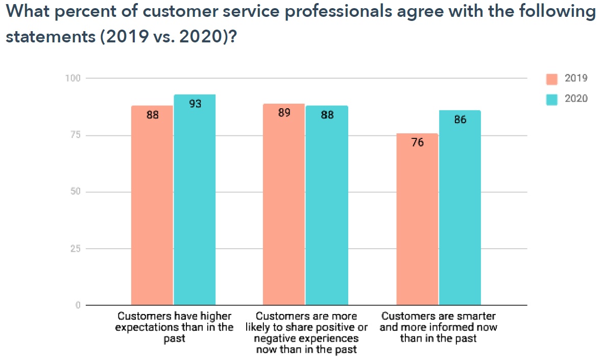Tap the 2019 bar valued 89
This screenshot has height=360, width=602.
284,204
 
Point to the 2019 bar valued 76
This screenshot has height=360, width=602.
417,219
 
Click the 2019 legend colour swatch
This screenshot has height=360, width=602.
551,79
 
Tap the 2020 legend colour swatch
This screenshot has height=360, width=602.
551,99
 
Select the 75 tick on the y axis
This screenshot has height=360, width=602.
76,135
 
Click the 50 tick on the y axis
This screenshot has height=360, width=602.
76,192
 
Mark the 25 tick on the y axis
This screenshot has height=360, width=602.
76,249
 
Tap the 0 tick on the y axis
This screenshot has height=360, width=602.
78,305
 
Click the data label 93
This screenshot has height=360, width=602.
195,104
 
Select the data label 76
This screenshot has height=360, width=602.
417,143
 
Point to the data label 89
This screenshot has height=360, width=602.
284,113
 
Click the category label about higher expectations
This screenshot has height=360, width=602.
174,327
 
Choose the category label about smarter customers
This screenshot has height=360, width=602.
438,327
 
